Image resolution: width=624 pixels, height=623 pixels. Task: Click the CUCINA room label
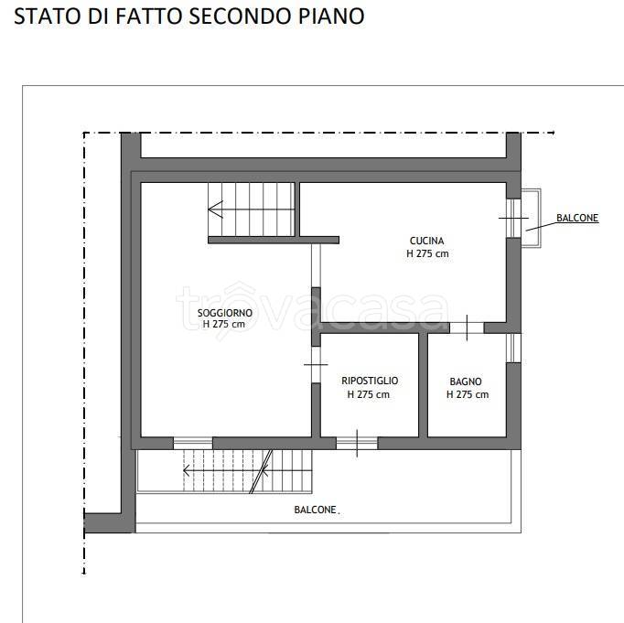[x=426, y=241]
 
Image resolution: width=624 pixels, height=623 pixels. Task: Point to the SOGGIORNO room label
[x=225, y=313]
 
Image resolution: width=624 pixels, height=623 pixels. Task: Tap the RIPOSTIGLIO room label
[x=370, y=381]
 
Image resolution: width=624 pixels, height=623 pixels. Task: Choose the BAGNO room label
[x=466, y=381]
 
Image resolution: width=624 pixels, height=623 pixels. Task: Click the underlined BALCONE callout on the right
[x=577, y=218]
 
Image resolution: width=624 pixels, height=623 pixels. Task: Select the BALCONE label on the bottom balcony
[x=315, y=510]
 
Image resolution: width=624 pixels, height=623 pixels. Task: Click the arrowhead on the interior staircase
[x=215, y=209]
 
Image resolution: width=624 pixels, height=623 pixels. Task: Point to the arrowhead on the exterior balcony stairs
[x=187, y=470]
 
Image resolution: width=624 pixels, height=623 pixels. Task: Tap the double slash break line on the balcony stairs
[x=261, y=471]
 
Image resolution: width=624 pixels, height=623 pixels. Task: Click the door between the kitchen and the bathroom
[x=467, y=328]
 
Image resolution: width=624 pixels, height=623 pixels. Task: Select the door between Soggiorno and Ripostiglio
[x=316, y=364]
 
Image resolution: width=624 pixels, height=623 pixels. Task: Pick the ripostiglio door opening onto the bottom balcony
[x=357, y=443]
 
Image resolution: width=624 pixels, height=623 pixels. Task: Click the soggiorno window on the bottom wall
[x=193, y=443]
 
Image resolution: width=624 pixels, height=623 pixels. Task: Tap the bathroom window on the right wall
[x=513, y=349]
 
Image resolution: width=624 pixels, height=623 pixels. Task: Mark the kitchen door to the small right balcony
[x=513, y=218]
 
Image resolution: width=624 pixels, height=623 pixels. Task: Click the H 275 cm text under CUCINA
[x=427, y=253]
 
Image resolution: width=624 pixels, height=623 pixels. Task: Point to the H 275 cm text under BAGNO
[x=468, y=394]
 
